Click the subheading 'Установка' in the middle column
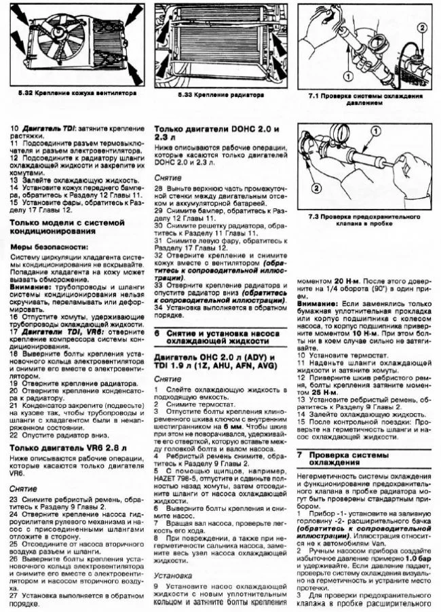[x=172, y=575]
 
